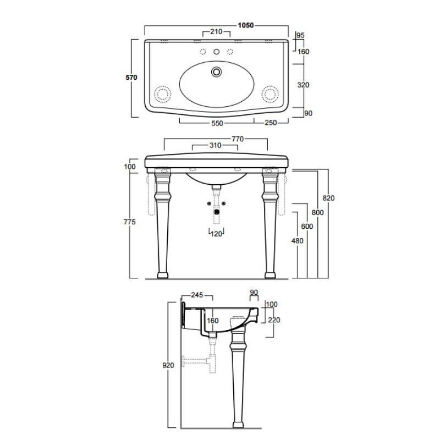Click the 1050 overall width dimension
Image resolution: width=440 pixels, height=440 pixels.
coord(245,25)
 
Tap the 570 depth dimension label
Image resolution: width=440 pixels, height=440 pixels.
coord(131,78)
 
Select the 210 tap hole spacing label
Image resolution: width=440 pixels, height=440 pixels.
coord(216,32)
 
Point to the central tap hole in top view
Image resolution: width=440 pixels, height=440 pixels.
coord(216,52)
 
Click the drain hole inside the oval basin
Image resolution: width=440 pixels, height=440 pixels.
coord(216,71)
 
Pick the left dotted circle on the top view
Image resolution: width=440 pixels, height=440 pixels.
coord(162,94)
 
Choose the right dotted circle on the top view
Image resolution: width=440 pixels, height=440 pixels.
coord(270,94)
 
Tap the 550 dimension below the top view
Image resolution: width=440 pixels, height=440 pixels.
coord(217,123)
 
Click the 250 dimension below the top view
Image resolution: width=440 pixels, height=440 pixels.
coord(271,123)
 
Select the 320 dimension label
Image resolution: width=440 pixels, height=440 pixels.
coord(303,85)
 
